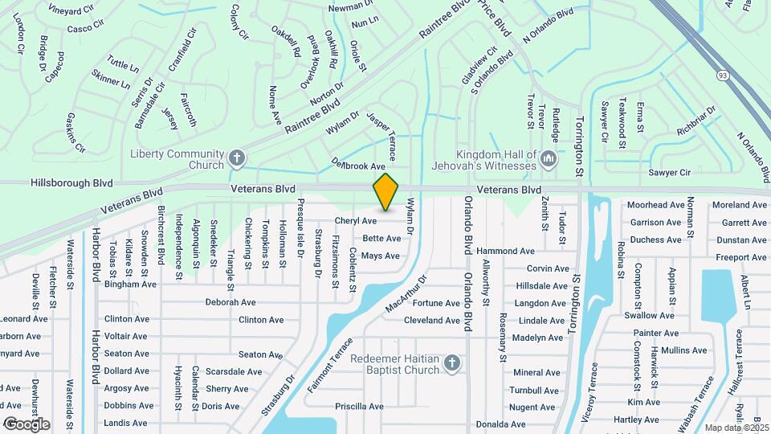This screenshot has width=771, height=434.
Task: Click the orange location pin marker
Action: click(386, 192)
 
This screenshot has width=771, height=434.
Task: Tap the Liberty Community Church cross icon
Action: click(236, 158)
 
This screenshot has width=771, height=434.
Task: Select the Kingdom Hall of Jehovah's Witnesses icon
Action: click(549, 158)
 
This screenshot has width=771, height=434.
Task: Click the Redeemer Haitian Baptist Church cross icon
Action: click(452, 364)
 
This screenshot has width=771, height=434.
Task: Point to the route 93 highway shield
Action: click(723, 75)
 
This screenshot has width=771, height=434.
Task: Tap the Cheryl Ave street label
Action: click(356, 220)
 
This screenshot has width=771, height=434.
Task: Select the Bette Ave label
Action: click(381, 239)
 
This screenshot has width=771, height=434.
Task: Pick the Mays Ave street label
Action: click(380, 256)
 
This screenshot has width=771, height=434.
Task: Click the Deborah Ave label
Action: click(230, 303)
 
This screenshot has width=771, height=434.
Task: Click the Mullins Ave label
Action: click(684, 350)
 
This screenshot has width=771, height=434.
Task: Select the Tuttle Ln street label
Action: click(123, 63)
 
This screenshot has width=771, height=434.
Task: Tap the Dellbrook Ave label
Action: click(359, 164)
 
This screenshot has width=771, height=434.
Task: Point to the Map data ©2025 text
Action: click(734, 428)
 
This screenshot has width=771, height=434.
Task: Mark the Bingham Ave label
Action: click(130, 285)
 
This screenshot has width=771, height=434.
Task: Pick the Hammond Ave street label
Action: click(506, 252)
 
